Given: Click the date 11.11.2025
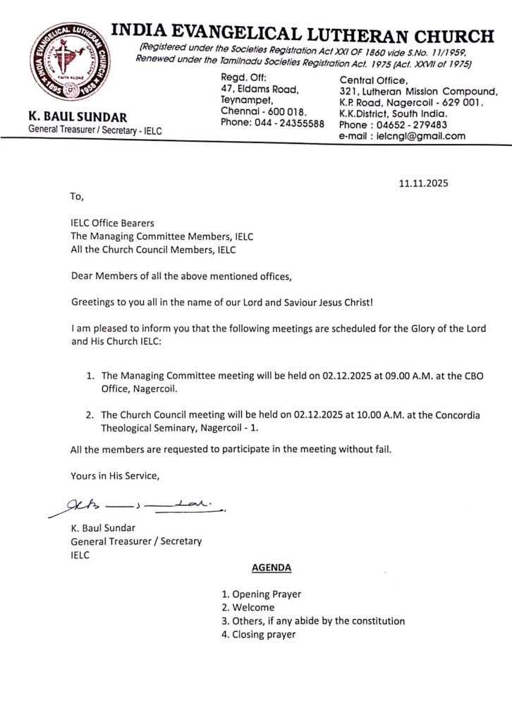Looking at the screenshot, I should (x=424, y=183).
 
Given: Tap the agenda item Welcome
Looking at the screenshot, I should (x=248, y=607).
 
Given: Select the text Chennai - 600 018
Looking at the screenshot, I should (x=263, y=111).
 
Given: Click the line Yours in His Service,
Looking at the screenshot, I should (x=115, y=476).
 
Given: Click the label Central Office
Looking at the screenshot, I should (x=373, y=80).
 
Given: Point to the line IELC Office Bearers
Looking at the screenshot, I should (x=112, y=224).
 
